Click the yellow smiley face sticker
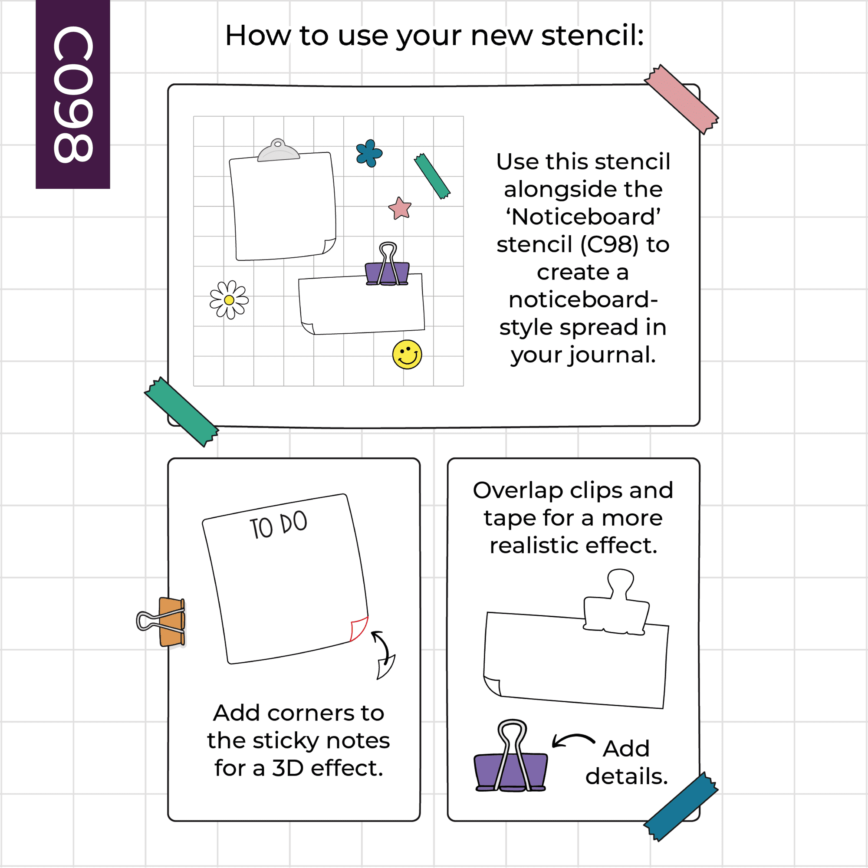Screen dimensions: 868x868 click(407, 355)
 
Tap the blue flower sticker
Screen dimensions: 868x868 click(369, 153)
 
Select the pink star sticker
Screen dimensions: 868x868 click(400, 208)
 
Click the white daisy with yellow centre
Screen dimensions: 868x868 click(229, 299)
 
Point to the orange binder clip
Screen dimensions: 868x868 click(162, 622)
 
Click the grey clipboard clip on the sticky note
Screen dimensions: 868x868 click(279, 150)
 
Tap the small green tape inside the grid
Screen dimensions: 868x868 click(432, 176)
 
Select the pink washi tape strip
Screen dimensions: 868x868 click(681, 99)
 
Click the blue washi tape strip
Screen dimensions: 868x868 click(681, 807)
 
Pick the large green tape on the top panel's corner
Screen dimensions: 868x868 click(181, 411)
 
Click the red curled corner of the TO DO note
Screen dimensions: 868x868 click(359, 629)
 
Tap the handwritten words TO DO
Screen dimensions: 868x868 click(279, 525)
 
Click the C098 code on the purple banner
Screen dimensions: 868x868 click(73, 94)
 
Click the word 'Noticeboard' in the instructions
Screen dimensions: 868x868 click(583, 217)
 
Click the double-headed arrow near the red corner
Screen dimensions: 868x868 click(384, 655)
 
